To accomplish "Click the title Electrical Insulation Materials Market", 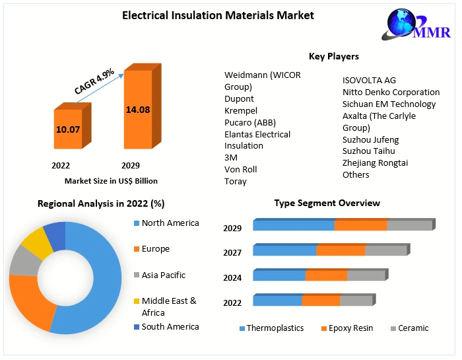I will (218, 15).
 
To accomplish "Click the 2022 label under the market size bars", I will (61, 165).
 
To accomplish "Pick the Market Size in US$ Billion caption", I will (111, 180).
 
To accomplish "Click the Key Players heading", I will (334, 57).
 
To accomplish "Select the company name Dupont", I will (239, 98).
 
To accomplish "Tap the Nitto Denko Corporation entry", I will (391, 92).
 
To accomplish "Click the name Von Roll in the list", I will (241, 169).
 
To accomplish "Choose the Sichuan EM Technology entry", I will (389, 104).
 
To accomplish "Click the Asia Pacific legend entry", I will (163, 275).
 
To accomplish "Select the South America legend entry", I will (170, 326).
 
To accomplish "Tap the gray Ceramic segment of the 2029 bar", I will (409, 225).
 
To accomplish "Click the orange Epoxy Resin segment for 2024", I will (326, 275).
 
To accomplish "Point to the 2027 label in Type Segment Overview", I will (232, 252).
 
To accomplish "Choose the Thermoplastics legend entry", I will (275, 328).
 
